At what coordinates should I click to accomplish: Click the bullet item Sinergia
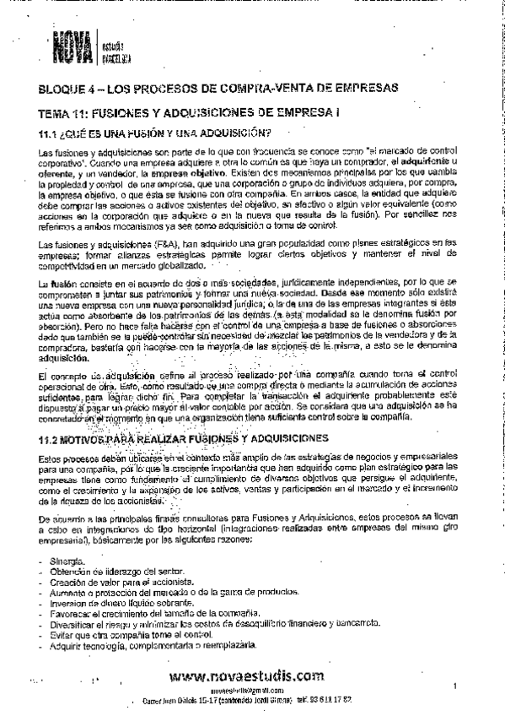pos(67,561)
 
